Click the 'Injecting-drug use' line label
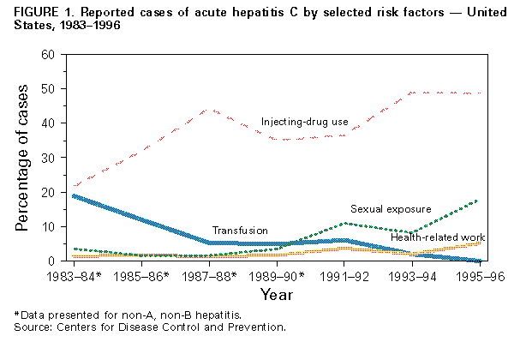[304, 123]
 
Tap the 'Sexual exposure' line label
[389, 209]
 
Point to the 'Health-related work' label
[439, 237]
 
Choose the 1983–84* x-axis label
[74, 276]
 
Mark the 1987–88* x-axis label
[210, 276]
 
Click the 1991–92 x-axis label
[344, 276]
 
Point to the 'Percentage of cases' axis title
[23, 159]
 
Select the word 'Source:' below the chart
[24, 327]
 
